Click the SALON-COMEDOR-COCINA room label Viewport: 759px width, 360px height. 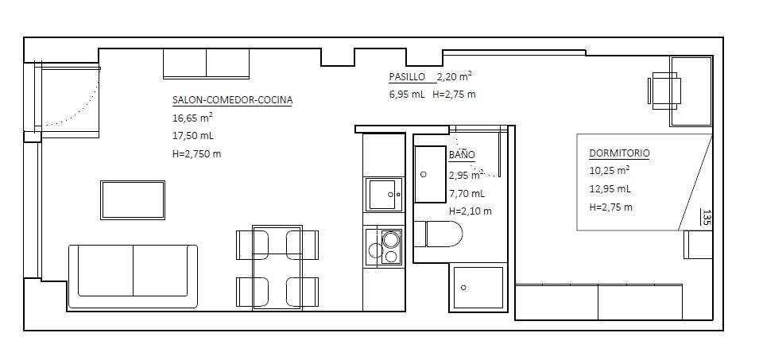(x=232, y=100)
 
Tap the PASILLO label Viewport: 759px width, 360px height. (x=407, y=76)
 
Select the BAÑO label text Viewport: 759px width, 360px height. (x=462, y=155)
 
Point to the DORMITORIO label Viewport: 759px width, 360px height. (x=620, y=153)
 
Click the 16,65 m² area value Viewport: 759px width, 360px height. (x=192, y=118)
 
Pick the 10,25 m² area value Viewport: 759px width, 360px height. (x=610, y=170)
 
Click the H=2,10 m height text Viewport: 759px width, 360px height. (x=471, y=211)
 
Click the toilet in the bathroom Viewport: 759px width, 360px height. (x=438, y=234)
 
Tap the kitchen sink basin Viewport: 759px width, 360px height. (x=384, y=194)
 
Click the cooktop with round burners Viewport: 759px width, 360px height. (x=385, y=247)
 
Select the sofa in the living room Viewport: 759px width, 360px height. (x=133, y=277)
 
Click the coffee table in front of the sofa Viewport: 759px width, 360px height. (x=133, y=199)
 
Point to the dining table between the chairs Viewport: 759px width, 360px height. (x=277, y=266)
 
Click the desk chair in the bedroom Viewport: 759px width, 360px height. (x=664, y=91)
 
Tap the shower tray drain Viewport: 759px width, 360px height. (x=463, y=288)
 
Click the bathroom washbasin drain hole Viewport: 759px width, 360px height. (x=424, y=174)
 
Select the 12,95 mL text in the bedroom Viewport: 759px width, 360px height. (x=610, y=188)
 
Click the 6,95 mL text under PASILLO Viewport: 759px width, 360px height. (x=407, y=95)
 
